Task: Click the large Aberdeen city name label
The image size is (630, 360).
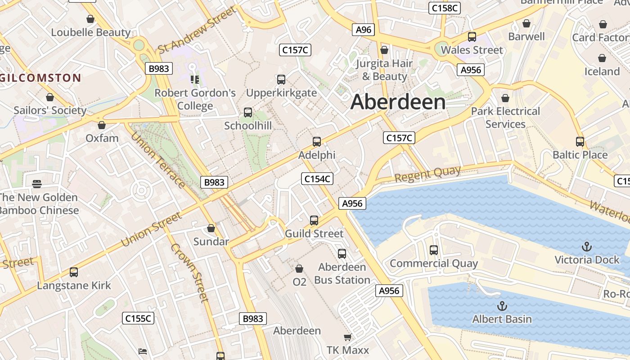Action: pyautogui.click(x=398, y=102)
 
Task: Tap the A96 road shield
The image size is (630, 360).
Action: pyautogui.click(x=363, y=30)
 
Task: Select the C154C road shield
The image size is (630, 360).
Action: pyautogui.click(x=317, y=179)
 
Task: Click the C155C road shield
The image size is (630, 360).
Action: pyautogui.click(x=138, y=319)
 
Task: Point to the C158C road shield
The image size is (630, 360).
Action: pyautogui.click(x=444, y=8)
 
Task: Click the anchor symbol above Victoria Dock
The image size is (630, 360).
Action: pyautogui.click(x=586, y=246)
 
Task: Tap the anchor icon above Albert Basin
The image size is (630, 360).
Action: pyautogui.click(x=502, y=306)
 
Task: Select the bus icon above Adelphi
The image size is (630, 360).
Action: pyautogui.click(x=317, y=142)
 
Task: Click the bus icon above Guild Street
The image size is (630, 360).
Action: pyautogui.click(x=314, y=220)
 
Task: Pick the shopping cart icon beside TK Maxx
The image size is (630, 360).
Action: pyautogui.click(x=347, y=337)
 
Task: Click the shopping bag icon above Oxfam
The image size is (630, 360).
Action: pyautogui.click(x=102, y=125)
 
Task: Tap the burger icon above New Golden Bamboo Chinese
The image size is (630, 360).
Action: pyautogui.click(x=37, y=184)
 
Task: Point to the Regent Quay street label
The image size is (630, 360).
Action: pyautogui.click(x=428, y=174)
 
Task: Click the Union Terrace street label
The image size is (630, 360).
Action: pyautogui.click(x=157, y=154)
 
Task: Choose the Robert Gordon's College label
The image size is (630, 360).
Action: pyautogui.click(x=195, y=99)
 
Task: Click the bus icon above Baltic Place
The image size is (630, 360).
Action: pyautogui.click(x=580, y=142)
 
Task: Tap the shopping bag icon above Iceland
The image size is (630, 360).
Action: pyautogui.click(x=602, y=58)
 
